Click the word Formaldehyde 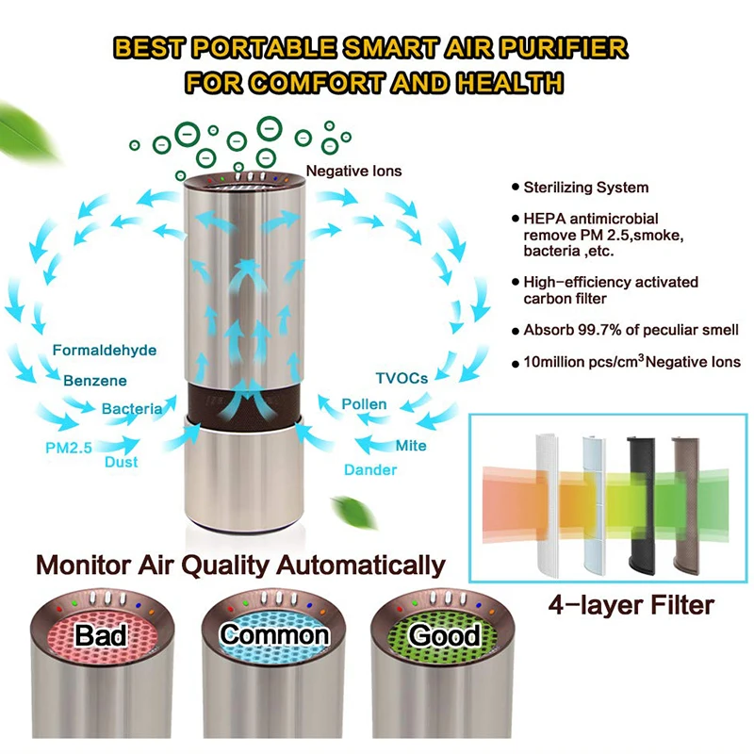click(105, 351)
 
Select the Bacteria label click(132, 409)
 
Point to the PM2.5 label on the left click(68, 448)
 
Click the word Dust click(122, 462)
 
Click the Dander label click(369, 469)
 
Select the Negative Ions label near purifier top click(353, 171)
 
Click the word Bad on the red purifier click(102, 635)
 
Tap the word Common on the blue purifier click(274, 634)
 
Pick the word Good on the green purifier click(445, 635)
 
